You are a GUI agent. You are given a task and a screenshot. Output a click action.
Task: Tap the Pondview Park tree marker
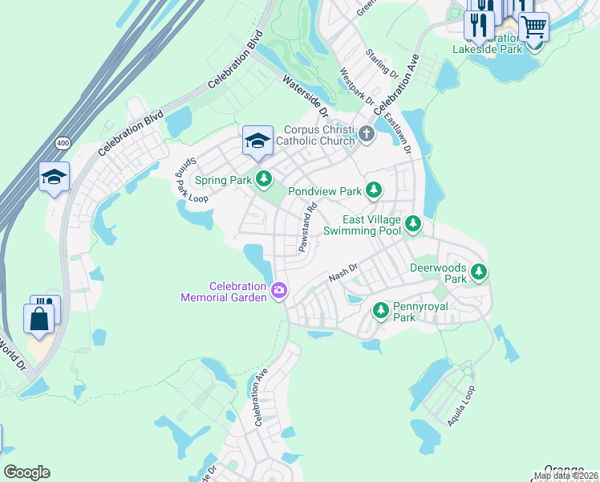tap(373, 190)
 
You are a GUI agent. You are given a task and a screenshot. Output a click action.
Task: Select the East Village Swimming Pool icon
tap(412, 223)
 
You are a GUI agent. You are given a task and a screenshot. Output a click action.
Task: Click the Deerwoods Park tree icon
tap(478, 272)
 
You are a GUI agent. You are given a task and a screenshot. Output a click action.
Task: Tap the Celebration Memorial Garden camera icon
tap(279, 290)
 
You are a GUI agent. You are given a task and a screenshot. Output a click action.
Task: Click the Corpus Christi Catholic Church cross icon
tap(367, 134)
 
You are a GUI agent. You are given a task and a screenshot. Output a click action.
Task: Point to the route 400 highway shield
tap(62, 142)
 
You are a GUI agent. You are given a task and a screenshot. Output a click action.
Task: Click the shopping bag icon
tap(40, 318)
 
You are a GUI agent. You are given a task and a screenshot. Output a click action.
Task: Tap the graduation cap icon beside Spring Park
tap(257, 141)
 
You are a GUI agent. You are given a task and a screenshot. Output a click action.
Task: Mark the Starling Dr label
tap(382, 63)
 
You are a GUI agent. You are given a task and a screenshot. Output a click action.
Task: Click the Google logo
tap(26, 472)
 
